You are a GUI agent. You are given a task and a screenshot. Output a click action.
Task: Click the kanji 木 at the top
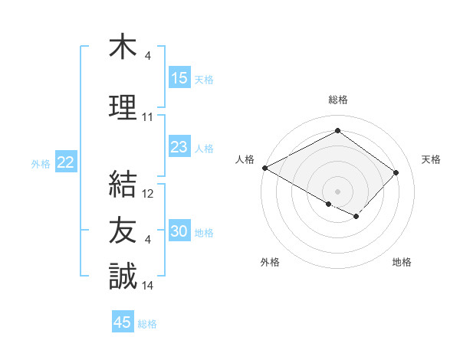click(123, 47)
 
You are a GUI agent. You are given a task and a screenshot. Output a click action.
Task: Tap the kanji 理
click(123, 107)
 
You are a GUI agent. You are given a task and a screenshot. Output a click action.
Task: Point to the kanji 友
click(123, 231)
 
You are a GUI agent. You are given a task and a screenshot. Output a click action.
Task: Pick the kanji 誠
click(123, 275)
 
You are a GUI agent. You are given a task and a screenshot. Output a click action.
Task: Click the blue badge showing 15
click(179, 78)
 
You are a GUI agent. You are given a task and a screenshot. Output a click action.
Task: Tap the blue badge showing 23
click(179, 147)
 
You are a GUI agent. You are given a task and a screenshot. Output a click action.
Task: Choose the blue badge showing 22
click(66, 162)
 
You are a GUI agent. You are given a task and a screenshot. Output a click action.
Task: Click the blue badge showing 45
click(123, 322)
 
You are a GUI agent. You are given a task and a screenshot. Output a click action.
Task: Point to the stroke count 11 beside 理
click(148, 117)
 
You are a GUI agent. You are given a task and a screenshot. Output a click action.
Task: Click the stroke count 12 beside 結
click(149, 194)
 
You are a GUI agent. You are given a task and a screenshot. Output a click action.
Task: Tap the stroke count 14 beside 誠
click(148, 286)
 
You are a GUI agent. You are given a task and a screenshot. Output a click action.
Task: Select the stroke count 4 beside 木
click(148, 56)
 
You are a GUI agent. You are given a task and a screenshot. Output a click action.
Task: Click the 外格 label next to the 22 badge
click(41, 163)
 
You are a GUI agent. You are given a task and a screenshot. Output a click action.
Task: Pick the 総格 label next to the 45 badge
click(147, 324)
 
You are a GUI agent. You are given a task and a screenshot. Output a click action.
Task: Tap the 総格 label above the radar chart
click(337, 100)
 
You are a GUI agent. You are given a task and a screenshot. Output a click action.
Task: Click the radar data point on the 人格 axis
click(264, 167)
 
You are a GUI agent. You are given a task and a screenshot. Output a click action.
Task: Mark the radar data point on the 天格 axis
click(396, 172)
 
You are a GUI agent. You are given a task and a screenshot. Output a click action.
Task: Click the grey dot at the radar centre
click(337, 191)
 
